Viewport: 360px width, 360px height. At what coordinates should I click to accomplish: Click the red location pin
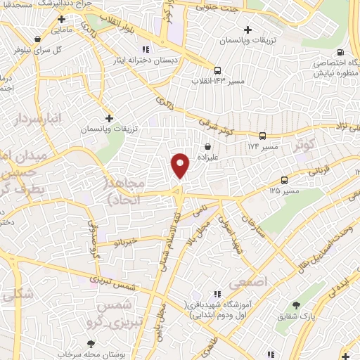pyautogui.click(x=181, y=165)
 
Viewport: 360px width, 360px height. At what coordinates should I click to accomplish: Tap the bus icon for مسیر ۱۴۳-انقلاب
pyautogui.click(x=217, y=70)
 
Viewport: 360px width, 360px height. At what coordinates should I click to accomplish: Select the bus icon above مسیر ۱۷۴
pyautogui.click(x=262, y=136)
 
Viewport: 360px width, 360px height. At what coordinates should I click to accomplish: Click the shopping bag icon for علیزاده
pyautogui.click(x=208, y=147)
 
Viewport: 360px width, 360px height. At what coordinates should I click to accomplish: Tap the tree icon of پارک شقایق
pyautogui.click(x=296, y=305)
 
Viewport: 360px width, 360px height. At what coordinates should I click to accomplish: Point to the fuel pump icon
pyautogui.click(x=340, y=53)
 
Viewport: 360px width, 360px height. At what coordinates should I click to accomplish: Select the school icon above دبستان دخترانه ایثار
pyautogui.click(x=146, y=49)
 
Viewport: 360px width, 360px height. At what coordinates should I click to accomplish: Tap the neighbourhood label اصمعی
pyautogui.click(x=255, y=281)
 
